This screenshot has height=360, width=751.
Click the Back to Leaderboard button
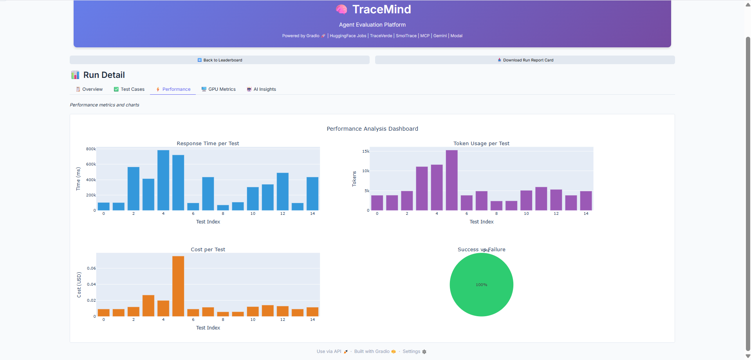click(220, 60)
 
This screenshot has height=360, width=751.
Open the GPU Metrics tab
click(218, 89)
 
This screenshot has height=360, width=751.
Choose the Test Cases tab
click(129, 89)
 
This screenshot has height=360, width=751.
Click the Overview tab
click(89, 89)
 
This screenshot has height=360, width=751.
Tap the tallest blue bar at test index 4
click(163, 180)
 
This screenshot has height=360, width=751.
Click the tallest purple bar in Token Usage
click(451, 180)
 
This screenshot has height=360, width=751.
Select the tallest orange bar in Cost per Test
click(178, 286)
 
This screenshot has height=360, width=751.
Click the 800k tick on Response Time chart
click(91, 149)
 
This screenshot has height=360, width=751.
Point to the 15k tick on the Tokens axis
click(366, 151)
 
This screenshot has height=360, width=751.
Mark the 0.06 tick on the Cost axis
click(91, 268)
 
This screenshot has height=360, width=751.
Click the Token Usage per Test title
click(481, 144)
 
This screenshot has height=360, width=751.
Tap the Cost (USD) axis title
click(79, 284)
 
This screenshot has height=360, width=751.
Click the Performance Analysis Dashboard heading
click(372, 129)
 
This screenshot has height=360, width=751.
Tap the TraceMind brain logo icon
click(341, 9)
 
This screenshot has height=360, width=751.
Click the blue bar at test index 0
click(104, 206)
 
